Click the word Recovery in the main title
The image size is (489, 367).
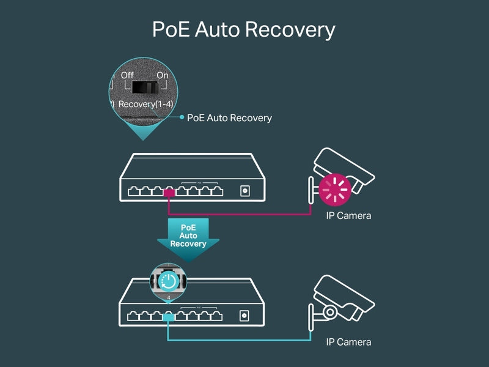pyautogui.click(x=290, y=30)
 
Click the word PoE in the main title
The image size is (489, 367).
pyautogui.click(x=171, y=29)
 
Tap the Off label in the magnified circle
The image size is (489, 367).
pyautogui.click(x=127, y=75)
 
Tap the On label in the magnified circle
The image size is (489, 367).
pyautogui.click(x=163, y=75)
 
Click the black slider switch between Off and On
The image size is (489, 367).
pyautogui.click(x=145, y=87)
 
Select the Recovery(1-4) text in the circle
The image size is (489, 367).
pyautogui.click(x=145, y=104)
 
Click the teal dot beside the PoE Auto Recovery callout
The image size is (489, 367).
pyautogui.click(x=182, y=117)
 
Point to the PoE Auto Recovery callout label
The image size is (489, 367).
pyautogui.click(x=229, y=118)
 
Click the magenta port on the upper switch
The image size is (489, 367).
pyautogui.click(x=169, y=193)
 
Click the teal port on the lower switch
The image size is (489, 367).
pyautogui.click(x=168, y=317)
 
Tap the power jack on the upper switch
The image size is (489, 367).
pyautogui.click(x=245, y=191)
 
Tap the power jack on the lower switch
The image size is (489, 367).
pyautogui.click(x=244, y=316)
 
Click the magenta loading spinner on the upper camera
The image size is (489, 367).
pyautogui.click(x=335, y=190)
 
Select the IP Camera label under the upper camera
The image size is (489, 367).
pyautogui.click(x=348, y=216)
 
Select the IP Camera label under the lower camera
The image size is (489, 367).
pyautogui.click(x=348, y=342)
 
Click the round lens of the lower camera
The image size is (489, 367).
pyautogui.click(x=329, y=312)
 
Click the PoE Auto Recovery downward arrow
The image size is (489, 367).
pyautogui.click(x=188, y=239)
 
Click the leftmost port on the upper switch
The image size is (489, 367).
pyautogui.click(x=134, y=191)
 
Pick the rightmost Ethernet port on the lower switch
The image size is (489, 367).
pyautogui.click(x=216, y=316)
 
